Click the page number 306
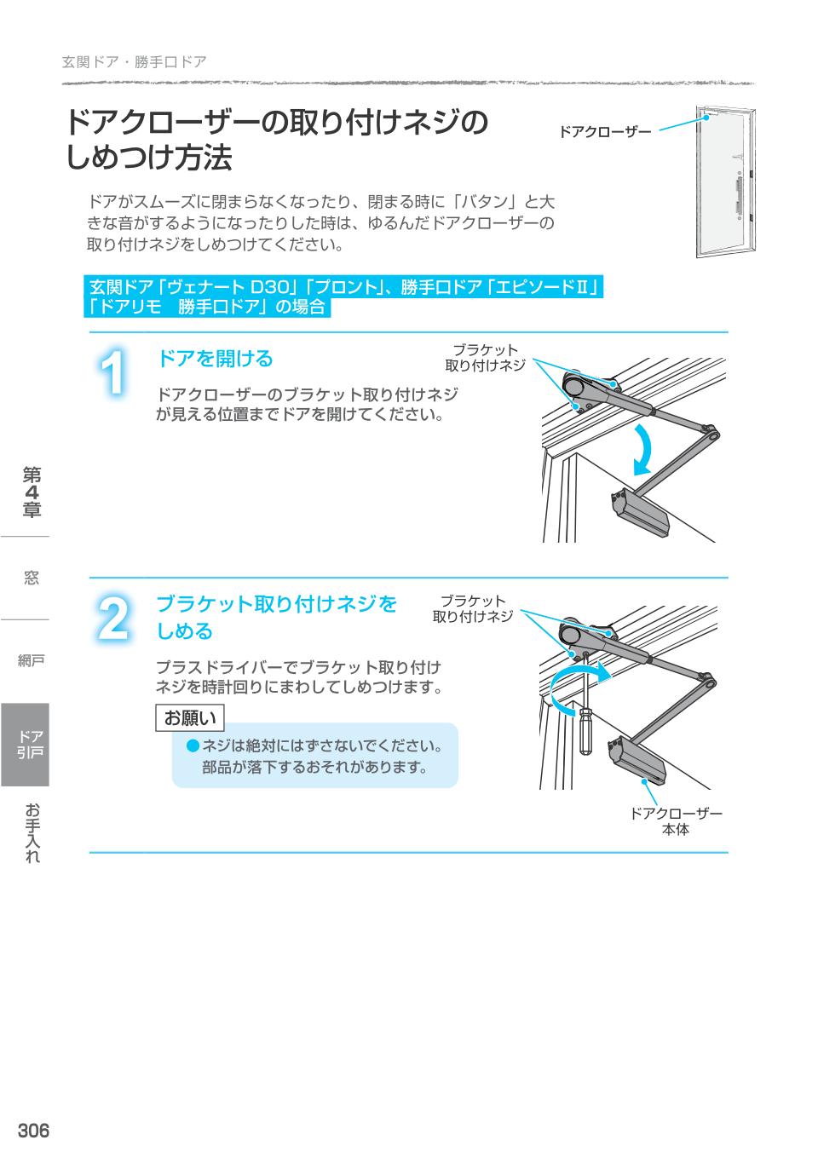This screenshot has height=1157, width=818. pyautogui.click(x=33, y=1131)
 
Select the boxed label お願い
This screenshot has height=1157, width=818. pyautogui.click(x=190, y=718)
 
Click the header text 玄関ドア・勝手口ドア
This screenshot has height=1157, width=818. pyautogui.click(x=134, y=62)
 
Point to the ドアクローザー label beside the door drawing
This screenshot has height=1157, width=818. pyautogui.click(x=604, y=132)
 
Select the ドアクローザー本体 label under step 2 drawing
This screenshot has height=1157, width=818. pyautogui.click(x=675, y=821)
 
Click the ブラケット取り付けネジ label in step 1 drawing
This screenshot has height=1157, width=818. pyautogui.click(x=485, y=358)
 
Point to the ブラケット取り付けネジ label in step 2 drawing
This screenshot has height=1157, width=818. pyautogui.click(x=472, y=608)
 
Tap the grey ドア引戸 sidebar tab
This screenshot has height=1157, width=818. pyautogui.click(x=26, y=744)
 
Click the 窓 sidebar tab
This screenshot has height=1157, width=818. pyautogui.click(x=31, y=578)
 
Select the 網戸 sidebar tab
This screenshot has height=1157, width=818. pyautogui.click(x=31, y=660)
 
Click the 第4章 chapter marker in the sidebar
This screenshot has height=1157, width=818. pyautogui.click(x=32, y=492)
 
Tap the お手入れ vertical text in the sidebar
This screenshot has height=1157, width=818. pyautogui.click(x=32, y=832)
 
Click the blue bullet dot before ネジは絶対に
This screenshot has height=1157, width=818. pyautogui.click(x=193, y=746)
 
